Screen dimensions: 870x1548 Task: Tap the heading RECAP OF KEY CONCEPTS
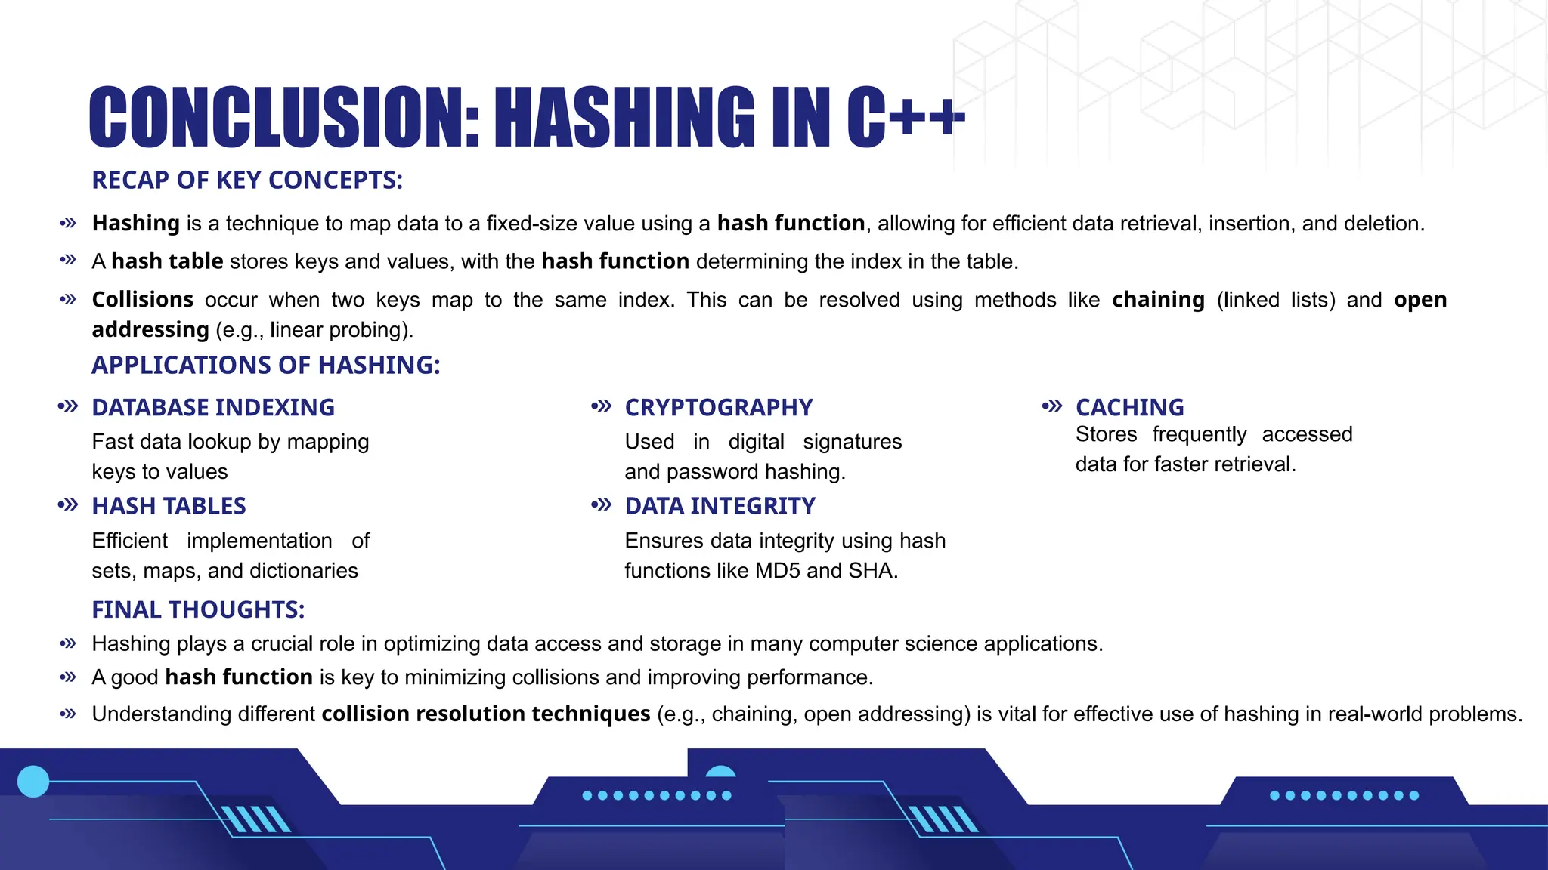[247, 180]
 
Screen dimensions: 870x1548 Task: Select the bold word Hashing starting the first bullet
[135, 224]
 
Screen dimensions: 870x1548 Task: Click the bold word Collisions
[142, 300]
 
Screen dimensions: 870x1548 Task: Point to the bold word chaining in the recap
[1158, 300]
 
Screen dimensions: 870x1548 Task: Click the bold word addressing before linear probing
[150, 330]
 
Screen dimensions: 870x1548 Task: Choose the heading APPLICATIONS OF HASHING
[265, 366]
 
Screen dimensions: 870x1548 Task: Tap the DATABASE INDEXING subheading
[213, 408]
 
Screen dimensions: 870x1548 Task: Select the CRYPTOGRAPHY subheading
[718, 408]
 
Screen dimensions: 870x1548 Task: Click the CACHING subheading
[1129, 408]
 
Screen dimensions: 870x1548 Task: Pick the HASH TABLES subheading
[169, 506]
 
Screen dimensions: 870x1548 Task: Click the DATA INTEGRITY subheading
[720, 506]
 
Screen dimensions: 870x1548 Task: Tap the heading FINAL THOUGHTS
[198, 609]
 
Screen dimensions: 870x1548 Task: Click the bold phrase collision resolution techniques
[485, 714]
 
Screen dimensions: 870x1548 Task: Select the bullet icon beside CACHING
[1051, 406]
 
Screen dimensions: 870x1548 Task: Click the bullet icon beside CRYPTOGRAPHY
[601, 406]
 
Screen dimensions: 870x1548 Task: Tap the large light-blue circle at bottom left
[33, 782]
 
